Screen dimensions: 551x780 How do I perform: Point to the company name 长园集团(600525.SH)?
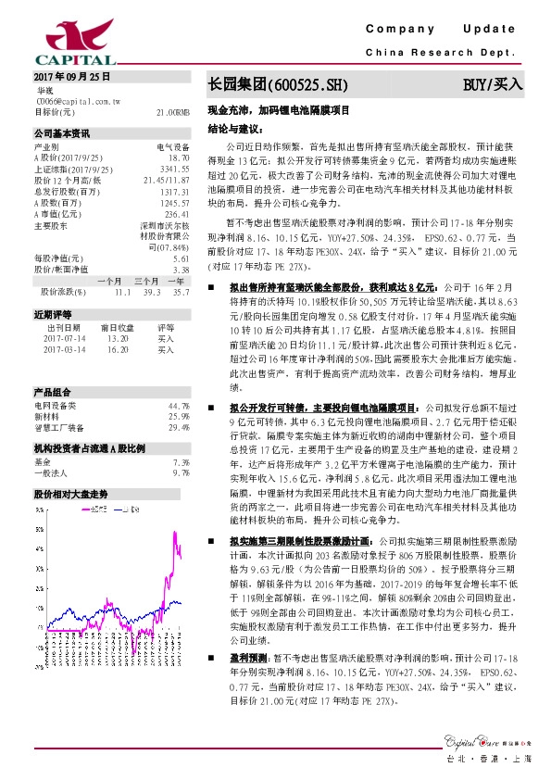278,85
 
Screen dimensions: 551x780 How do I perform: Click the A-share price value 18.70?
179,158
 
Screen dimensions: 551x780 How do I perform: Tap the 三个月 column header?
146,280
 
